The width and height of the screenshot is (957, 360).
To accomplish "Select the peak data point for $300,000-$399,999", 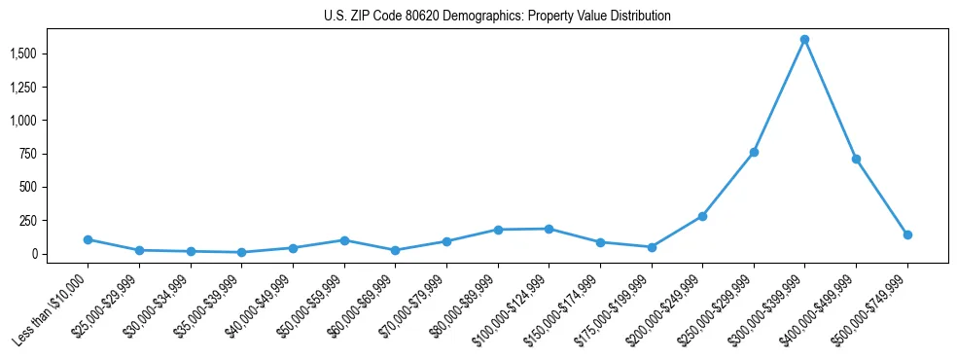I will pyautogui.click(x=804, y=40).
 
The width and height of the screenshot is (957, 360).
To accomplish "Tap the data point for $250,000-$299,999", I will pyautogui.click(x=754, y=153).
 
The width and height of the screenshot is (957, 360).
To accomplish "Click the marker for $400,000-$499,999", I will pyautogui.click(x=856, y=159).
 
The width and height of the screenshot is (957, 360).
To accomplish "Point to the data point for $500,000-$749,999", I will pyautogui.click(x=907, y=234).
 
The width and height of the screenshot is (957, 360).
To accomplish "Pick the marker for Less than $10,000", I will pyautogui.click(x=88, y=239).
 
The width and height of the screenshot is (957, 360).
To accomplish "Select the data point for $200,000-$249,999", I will pyautogui.click(x=702, y=216).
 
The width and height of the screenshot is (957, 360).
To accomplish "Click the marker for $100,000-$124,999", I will pyautogui.click(x=549, y=229).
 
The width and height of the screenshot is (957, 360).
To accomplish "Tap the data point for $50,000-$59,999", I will pyautogui.click(x=344, y=240).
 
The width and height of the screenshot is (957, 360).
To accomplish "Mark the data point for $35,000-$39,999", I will pyautogui.click(x=241, y=252).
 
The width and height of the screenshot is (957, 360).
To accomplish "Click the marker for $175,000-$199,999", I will pyautogui.click(x=652, y=247).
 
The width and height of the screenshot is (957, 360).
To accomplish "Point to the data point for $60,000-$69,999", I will pyautogui.click(x=395, y=250).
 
